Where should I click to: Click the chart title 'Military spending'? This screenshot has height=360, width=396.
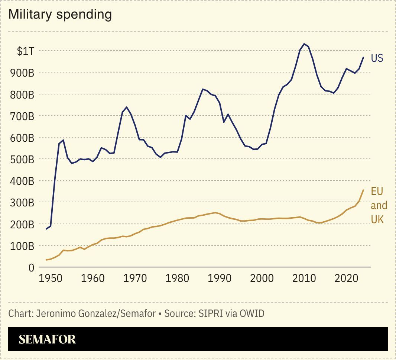(x=60, y=15)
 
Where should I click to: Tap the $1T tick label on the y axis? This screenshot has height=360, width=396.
(x=26, y=51)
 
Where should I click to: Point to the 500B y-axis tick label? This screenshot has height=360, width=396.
(x=23, y=159)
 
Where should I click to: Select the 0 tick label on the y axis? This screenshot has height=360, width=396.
(x=31, y=267)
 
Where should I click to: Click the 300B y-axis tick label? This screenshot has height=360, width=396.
(x=23, y=203)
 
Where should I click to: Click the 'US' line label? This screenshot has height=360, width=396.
(x=377, y=58)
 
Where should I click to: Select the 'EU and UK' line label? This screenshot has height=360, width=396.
(x=379, y=205)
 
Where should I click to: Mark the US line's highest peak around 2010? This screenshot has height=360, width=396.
(x=304, y=44)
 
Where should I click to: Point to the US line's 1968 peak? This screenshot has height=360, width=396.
(x=127, y=107)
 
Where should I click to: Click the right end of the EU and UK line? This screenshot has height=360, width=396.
(x=363, y=190)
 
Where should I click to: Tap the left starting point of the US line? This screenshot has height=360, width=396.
(x=46, y=229)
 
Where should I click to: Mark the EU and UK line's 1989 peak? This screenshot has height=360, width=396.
(x=215, y=213)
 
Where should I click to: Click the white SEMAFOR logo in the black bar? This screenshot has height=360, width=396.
(x=47, y=339)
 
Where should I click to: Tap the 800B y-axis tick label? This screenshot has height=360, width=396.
(x=23, y=94)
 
